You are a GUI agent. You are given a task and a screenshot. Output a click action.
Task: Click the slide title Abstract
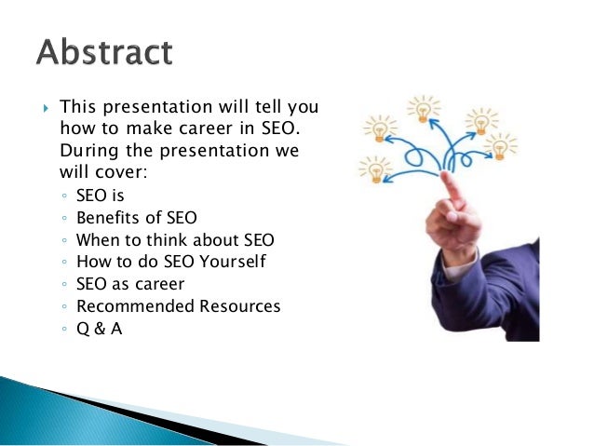tap(104, 51)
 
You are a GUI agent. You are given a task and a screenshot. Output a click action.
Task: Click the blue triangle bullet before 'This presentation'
tap(46, 108)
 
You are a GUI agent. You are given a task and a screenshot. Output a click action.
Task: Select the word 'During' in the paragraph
tap(89, 152)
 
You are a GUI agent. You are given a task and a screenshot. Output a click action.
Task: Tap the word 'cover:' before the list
tap(121, 172)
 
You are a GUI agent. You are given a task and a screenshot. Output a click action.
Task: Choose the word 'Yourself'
tap(233, 262)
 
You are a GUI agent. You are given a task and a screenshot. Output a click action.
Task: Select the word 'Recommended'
tap(135, 306)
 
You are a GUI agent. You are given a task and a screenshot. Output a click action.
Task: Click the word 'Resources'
tap(240, 306)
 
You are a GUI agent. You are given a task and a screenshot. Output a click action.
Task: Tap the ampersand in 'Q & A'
tap(100, 329)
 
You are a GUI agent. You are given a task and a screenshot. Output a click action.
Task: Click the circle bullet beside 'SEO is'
tap(64, 196)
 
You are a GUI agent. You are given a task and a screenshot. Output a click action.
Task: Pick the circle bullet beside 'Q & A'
tap(64, 329)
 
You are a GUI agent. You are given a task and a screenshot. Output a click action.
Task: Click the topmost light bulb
tap(424, 110)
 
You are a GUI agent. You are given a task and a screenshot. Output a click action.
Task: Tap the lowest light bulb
tap(376, 169)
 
